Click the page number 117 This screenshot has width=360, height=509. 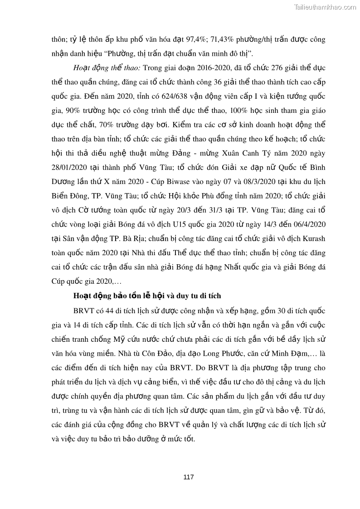coord(189,477)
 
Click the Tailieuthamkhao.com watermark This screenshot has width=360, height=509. coord(325,7)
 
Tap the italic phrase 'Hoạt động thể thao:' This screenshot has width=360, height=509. coord(107,68)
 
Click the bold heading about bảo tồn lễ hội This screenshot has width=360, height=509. coord(147,296)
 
